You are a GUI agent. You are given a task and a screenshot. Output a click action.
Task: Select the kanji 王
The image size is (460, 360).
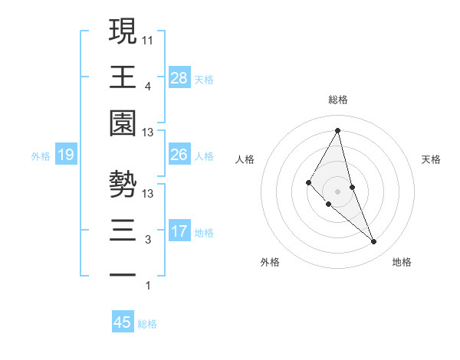click(123, 77)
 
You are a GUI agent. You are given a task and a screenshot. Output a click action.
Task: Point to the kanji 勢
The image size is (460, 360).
click(123, 184)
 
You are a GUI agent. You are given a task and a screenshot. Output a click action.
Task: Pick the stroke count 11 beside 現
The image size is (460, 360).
click(148, 38)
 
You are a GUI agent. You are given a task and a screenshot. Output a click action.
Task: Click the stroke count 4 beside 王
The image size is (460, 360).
click(148, 86)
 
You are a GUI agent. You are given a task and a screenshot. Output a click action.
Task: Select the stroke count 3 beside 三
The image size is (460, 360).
click(148, 240)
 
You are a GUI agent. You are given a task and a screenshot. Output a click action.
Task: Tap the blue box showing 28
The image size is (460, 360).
click(179, 77)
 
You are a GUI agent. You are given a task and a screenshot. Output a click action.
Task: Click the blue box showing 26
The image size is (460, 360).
click(179, 155)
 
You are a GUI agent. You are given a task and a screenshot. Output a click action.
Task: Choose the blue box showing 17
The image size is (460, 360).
click(179, 231)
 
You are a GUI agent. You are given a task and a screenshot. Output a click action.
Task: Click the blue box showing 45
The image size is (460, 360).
click(123, 322)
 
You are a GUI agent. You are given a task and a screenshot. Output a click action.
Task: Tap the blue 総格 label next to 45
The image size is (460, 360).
click(147, 324)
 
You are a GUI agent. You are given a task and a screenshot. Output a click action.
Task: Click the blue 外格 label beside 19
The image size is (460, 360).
click(40, 156)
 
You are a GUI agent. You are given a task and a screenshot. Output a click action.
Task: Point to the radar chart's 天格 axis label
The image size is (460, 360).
click(431, 159)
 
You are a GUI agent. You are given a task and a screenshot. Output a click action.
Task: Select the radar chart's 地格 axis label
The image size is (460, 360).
click(402, 262)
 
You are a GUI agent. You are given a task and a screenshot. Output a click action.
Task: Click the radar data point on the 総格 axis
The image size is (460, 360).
click(337, 129)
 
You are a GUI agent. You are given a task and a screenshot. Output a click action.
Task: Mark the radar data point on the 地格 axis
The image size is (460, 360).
click(374, 242)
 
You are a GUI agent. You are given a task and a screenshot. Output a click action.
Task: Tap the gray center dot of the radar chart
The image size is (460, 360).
click(337, 191)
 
